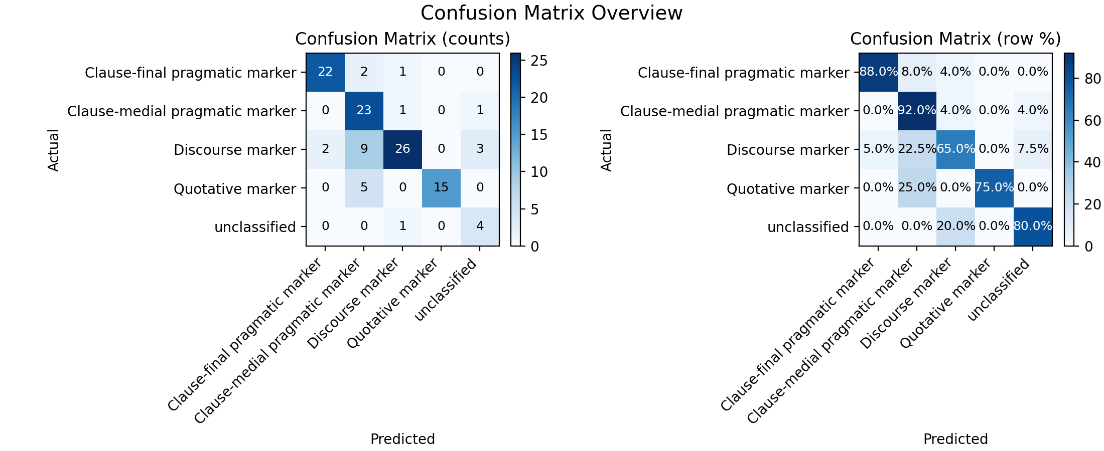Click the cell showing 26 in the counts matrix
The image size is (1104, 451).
[x=402, y=149]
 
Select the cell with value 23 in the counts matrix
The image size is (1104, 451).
[x=364, y=111]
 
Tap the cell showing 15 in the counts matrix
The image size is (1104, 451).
[x=441, y=188]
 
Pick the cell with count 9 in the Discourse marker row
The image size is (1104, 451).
[x=364, y=149]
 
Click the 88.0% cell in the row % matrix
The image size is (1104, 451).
[x=878, y=72]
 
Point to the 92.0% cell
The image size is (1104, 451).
[x=917, y=111]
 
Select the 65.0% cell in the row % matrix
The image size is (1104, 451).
[x=955, y=149]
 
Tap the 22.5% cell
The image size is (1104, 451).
[x=917, y=149]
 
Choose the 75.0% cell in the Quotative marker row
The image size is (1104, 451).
[x=994, y=188]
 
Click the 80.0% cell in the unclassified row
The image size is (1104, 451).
[x=1033, y=227]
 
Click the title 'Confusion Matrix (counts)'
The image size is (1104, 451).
[x=402, y=39]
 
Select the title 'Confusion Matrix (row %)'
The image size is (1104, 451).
[x=955, y=39]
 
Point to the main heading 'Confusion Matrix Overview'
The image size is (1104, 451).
[x=551, y=13]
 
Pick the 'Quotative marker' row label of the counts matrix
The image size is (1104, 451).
[x=235, y=189]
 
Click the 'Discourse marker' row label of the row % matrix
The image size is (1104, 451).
[x=788, y=150]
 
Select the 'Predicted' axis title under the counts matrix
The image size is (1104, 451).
[x=402, y=439]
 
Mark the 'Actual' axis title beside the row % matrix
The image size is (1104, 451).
[x=607, y=150]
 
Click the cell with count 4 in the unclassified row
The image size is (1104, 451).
[x=480, y=227]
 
